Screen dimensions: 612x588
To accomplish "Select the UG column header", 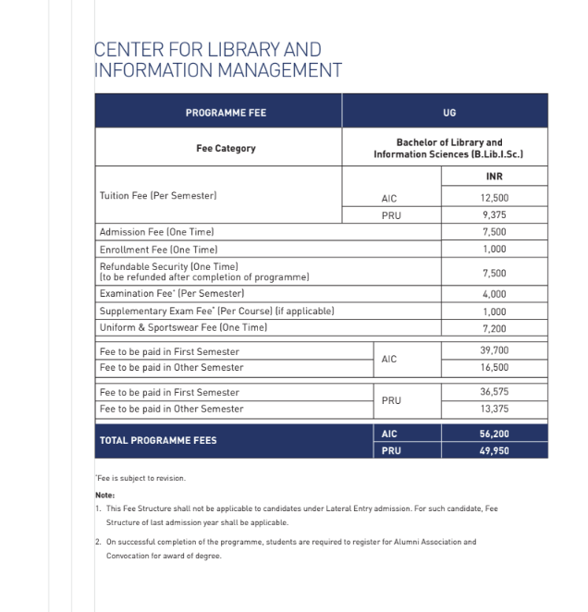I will tap(449, 113).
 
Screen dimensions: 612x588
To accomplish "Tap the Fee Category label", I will tap(226, 148).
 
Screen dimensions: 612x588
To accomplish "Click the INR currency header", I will tap(494, 177).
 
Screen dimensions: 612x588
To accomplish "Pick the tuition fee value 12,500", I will tap(494, 198).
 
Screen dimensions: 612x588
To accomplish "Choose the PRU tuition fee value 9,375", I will tap(494, 214).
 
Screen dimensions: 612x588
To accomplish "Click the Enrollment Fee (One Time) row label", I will tap(157, 250).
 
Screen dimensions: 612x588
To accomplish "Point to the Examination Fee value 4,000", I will tap(494, 293).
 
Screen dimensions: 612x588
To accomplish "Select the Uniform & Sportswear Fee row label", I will tap(183, 328).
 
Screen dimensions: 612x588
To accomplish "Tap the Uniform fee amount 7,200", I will tap(494, 328).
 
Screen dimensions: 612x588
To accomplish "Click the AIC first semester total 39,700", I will tap(494, 351).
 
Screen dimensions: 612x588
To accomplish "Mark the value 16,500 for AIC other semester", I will tap(494, 367).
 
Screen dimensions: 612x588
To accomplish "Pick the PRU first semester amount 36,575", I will tap(494, 392).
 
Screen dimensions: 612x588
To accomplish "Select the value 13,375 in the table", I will tap(494, 409).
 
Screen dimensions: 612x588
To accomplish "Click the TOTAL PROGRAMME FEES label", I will tap(158, 440).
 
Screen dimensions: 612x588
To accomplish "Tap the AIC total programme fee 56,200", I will tap(494, 434).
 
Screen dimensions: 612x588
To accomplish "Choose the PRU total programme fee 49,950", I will tap(494, 451).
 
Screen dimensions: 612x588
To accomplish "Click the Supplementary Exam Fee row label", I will tap(215, 311).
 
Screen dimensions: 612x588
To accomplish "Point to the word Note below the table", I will tap(104, 495).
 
